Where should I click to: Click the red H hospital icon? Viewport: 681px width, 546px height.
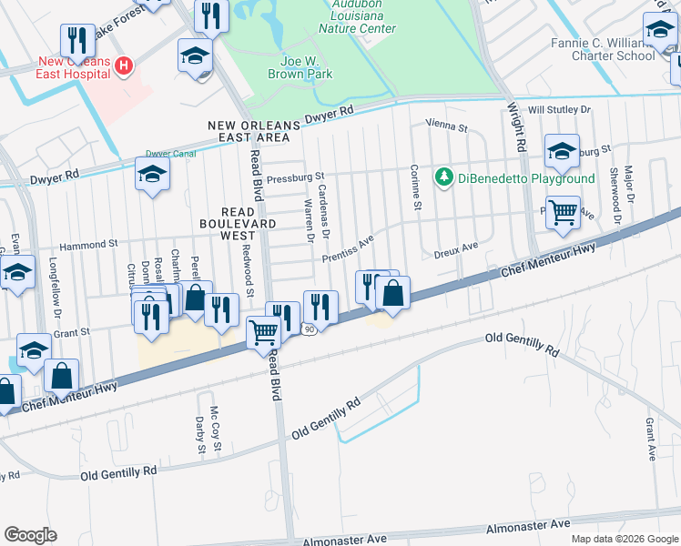coord(124,66)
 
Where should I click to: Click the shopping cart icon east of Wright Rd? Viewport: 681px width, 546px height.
coord(563,213)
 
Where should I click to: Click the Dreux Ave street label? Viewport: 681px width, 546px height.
coord(455,247)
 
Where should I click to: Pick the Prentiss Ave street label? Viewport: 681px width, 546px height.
coord(348,250)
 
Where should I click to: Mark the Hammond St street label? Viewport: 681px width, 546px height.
coord(89,245)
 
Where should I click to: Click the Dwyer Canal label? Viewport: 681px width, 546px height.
coord(170,154)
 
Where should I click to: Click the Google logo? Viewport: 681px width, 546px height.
coord(30,535)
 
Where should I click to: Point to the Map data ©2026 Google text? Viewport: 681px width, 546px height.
coord(624,539)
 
